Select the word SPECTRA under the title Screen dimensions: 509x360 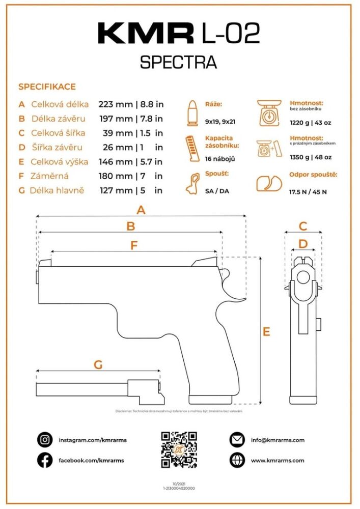point(178,62)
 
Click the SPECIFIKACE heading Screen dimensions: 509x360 point(47,87)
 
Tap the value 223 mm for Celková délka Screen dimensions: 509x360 point(115,104)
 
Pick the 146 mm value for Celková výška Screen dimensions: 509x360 point(115,162)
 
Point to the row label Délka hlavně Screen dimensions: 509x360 point(57,190)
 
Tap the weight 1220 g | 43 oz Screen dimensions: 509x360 point(310,123)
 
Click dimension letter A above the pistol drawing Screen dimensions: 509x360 point(141,210)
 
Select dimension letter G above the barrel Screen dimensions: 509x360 point(98,364)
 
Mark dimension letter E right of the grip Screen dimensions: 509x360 point(266,332)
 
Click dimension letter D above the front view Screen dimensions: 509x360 point(303,244)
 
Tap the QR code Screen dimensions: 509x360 point(179,449)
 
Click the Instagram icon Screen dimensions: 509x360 point(45,440)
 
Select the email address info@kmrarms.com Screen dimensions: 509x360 point(278,440)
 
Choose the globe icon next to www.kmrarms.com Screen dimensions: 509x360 point(237,460)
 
